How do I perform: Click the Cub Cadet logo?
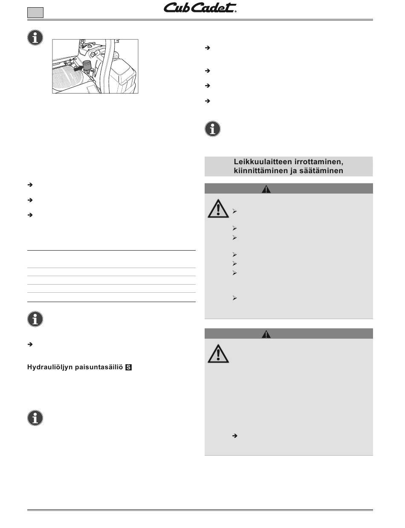200,9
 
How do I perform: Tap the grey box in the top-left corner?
35,13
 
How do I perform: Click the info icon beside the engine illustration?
35,38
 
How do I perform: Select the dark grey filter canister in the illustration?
87,66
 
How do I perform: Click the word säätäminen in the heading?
322,171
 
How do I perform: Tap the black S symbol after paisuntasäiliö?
128,367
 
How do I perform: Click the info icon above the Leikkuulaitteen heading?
213,128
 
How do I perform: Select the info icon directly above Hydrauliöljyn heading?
35,319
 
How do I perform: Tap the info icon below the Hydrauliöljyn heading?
35,418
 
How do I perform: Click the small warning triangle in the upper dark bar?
266,189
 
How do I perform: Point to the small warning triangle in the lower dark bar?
266,334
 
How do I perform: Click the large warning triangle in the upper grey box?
218,209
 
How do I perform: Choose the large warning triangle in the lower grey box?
218,354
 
